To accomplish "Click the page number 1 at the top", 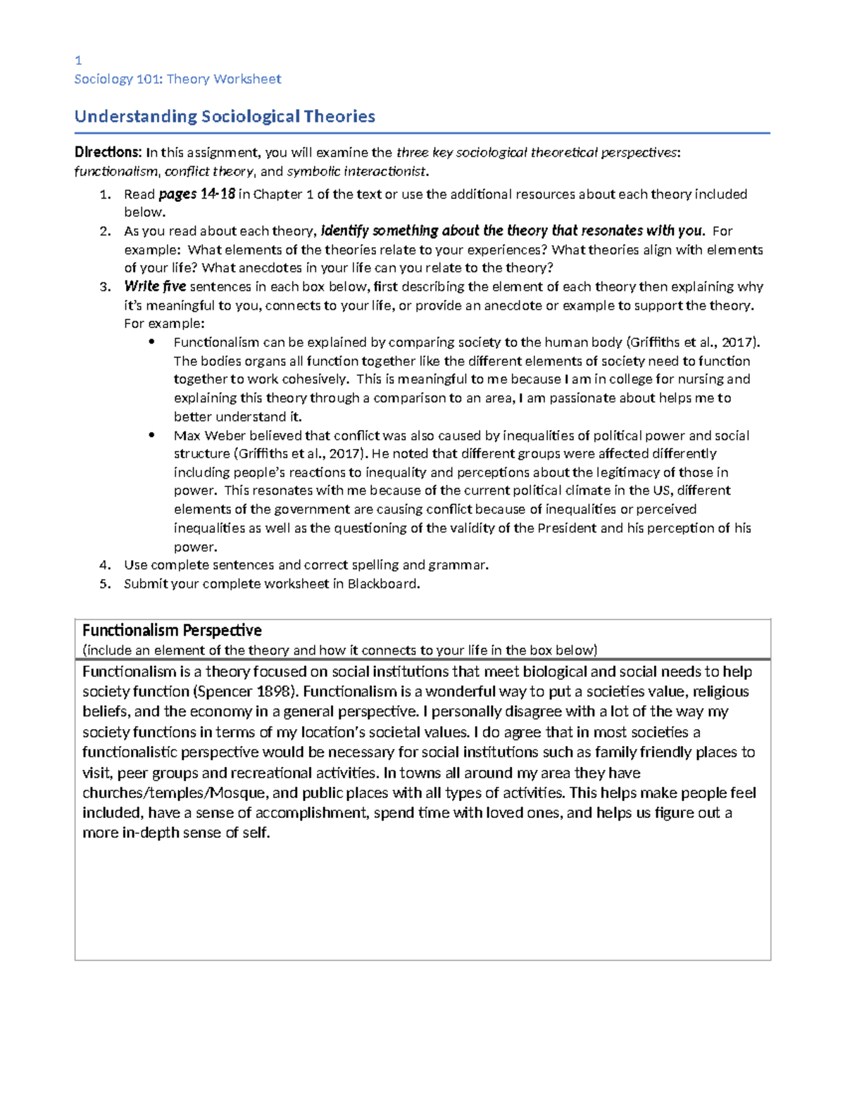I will pyautogui.click(x=78, y=61).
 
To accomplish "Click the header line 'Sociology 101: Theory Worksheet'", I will pyautogui.click(x=177, y=79).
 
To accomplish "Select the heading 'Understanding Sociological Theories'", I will pyautogui.click(x=225, y=116).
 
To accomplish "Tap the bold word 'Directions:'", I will pyautogui.click(x=108, y=153).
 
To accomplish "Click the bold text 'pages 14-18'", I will pyautogui.click(x=196, y=194).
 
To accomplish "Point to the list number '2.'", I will pyautogui.click(x=105, y=232).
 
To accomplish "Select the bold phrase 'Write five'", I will pyautogui.click(x=155, y=286).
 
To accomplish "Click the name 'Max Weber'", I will pyautogui.click(x=205, y=436).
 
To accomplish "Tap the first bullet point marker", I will pyautogui.click(x=151, y=343).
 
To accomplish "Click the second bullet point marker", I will pyautogui.click(x=151, y=436).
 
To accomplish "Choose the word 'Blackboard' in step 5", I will pyautogui.click(x=382, y=583).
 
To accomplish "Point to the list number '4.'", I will pyautogui.click(x=105, y=565).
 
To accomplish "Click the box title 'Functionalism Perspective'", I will pyautogui.click(x=172, y=630).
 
